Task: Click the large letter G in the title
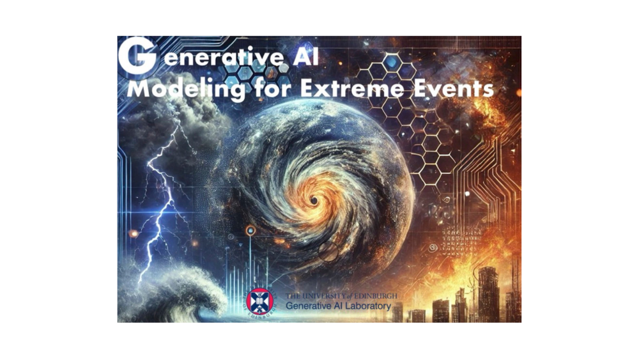137,56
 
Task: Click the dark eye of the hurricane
314,200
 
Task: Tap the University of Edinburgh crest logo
259,301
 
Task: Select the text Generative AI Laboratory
338,306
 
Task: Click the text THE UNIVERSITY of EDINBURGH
341,296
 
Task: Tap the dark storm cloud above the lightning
171,118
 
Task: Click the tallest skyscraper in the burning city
488,293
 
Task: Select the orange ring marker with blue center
250,231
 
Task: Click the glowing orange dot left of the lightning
134,233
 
